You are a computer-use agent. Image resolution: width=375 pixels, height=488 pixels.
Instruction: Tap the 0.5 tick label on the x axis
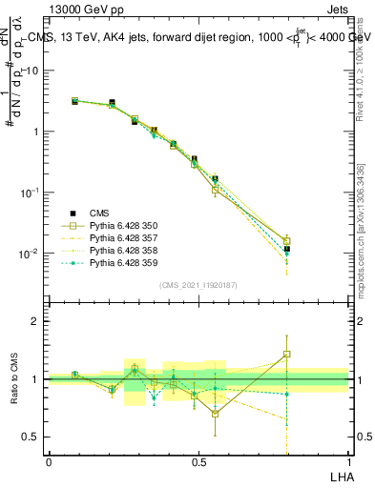(x=198, y=461)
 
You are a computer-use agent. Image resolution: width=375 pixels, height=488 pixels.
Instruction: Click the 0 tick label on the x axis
(x=49, y=461)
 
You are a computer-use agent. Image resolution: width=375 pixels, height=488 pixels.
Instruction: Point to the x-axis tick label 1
(x=348, y=461)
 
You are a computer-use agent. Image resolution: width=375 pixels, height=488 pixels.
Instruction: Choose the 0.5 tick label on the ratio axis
(x=32, y=437)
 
